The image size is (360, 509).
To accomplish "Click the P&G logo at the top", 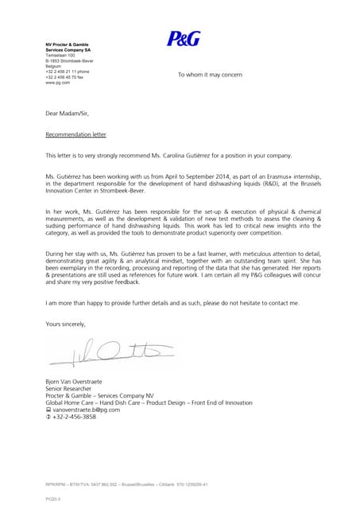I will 184,38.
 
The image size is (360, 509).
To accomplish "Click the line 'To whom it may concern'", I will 210,74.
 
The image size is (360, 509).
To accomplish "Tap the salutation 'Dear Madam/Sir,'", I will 68,115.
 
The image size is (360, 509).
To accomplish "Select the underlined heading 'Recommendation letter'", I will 77,134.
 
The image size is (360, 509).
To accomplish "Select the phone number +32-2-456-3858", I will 75,417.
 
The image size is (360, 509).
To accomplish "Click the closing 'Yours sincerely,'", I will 65,324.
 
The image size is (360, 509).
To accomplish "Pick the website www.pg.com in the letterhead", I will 58,82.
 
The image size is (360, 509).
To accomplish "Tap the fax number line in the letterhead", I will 67,76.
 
